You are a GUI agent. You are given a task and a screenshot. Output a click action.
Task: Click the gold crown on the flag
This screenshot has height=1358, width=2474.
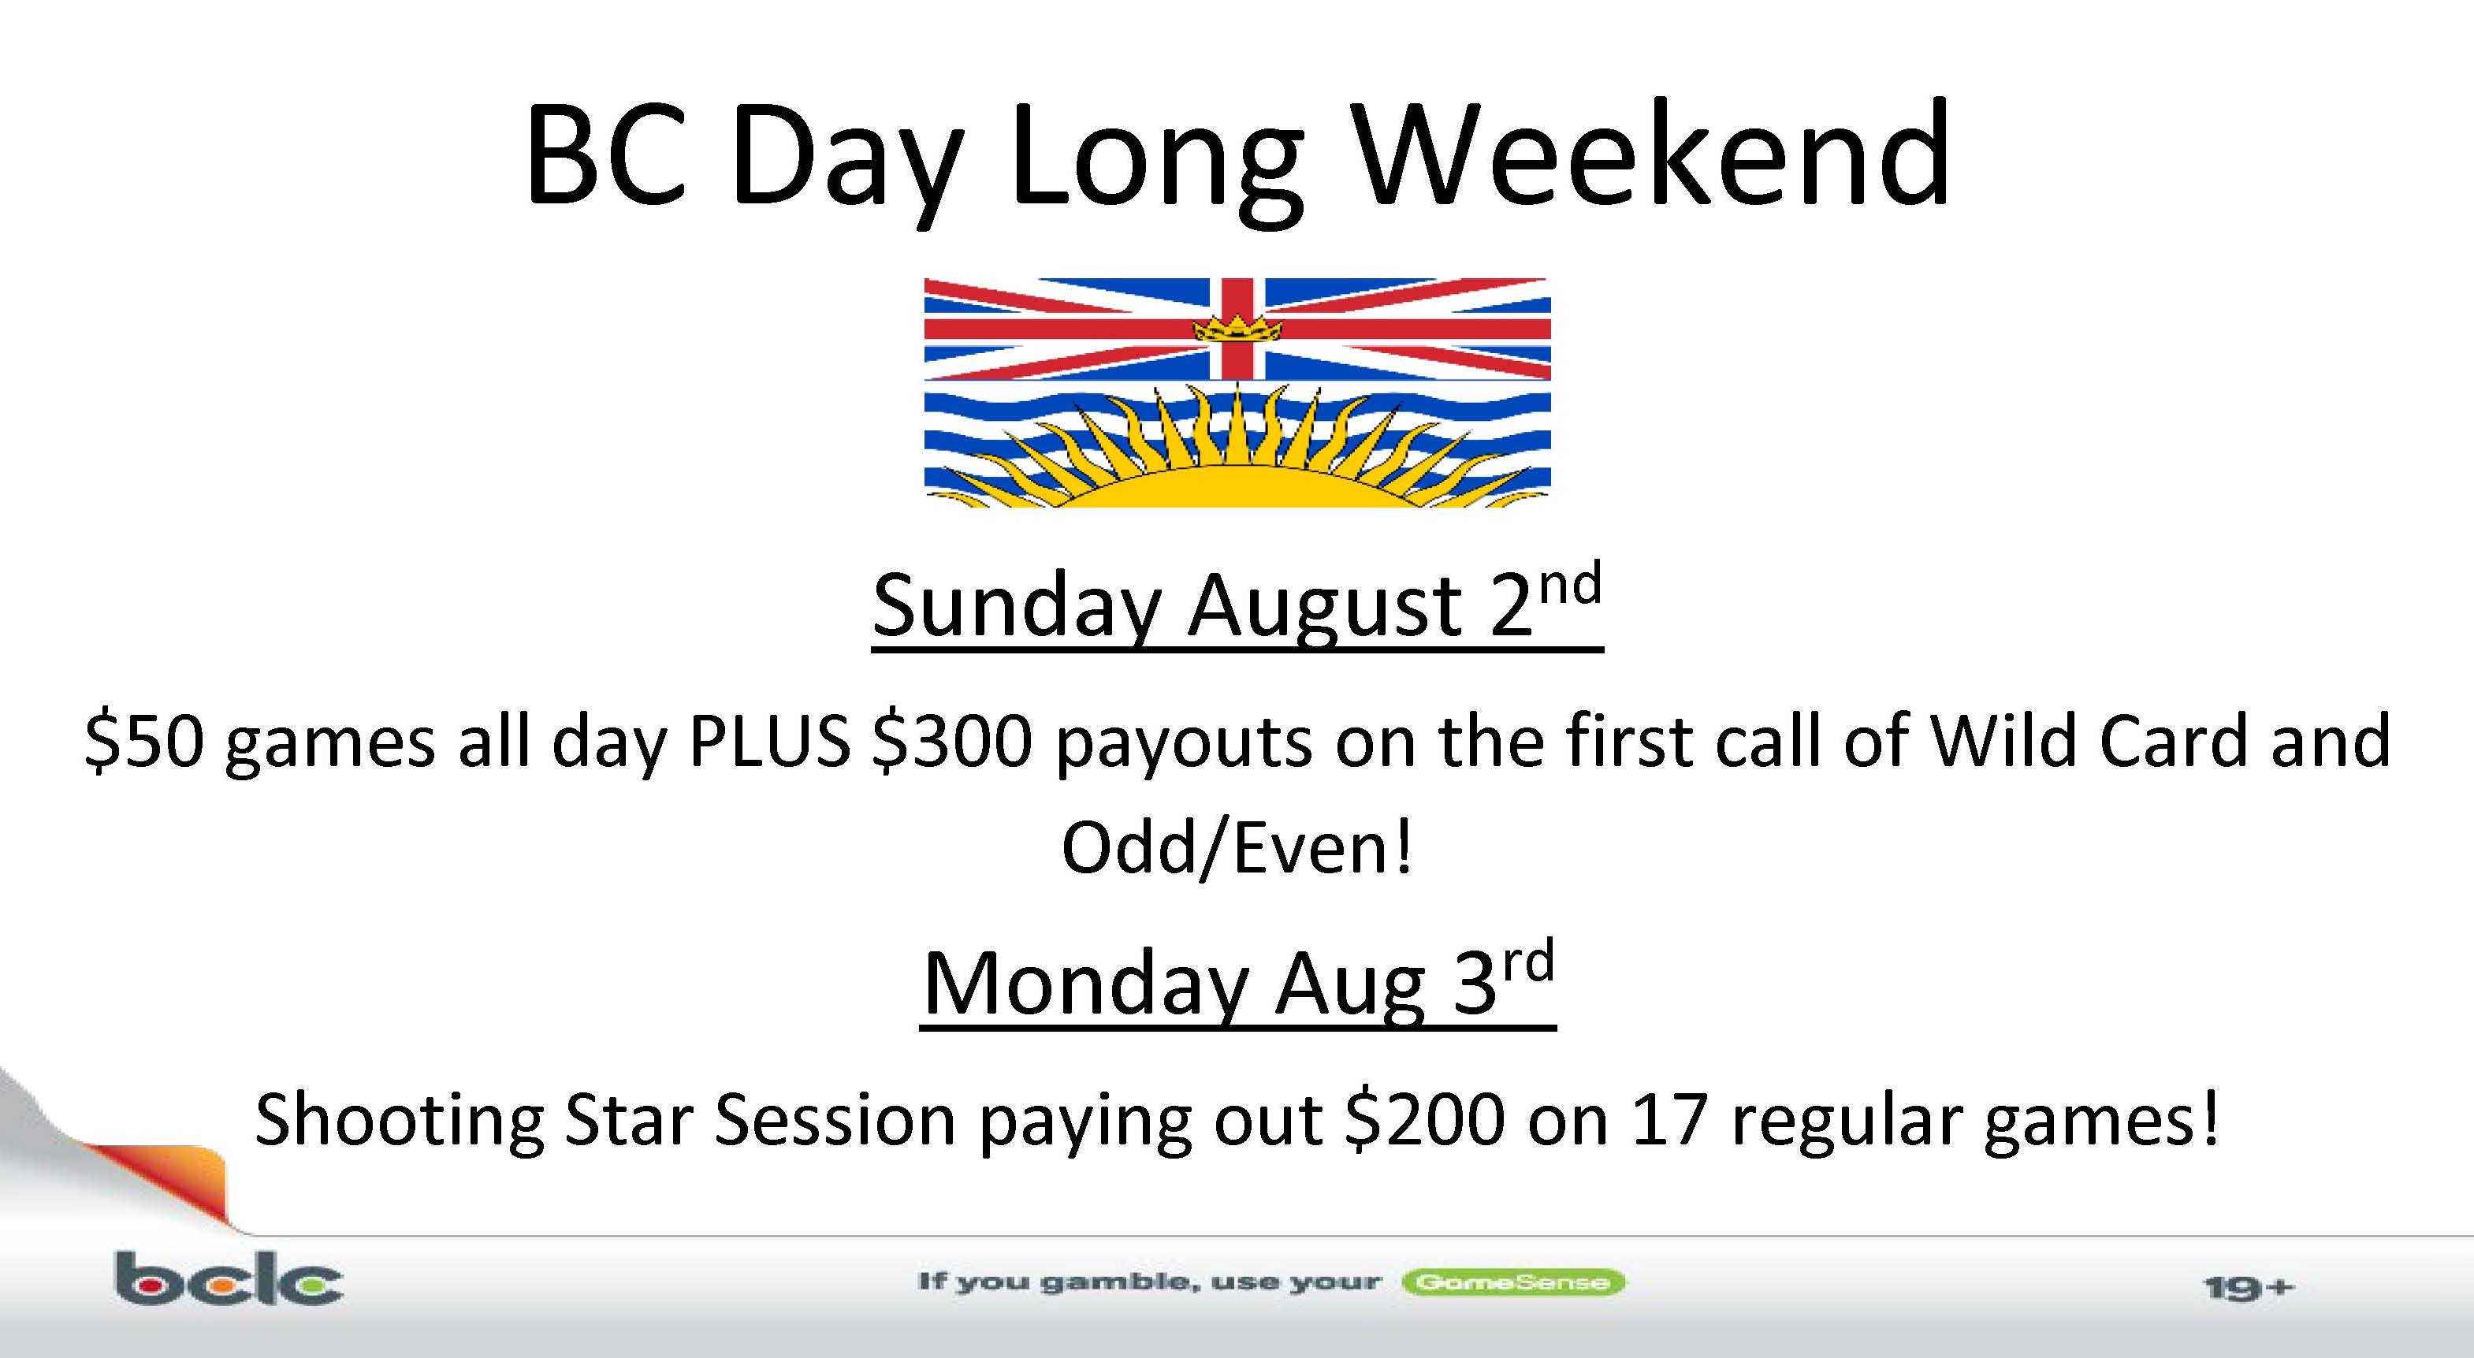click(1237, 329)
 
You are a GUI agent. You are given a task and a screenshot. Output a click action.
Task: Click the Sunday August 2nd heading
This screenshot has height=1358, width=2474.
click(1237, 605)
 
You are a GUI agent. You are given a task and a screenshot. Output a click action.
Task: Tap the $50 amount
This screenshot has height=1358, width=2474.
click(144, 742)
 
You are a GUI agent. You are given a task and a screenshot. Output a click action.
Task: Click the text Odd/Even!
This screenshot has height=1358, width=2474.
click(1237, 847)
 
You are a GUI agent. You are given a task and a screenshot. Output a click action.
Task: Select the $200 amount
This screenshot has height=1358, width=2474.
click(1424, 1120)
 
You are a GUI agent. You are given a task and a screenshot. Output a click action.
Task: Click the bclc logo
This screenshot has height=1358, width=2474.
click(228, 1278)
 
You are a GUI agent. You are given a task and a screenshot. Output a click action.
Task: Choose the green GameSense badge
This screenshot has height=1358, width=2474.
click(1513, 1282)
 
